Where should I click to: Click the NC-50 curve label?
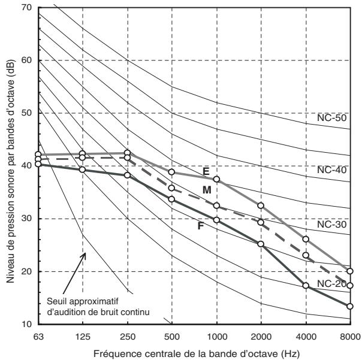click(332, 118)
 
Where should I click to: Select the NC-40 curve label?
click(332, 170)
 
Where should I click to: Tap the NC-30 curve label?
click(332, 224)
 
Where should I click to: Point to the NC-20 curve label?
click(332, 284)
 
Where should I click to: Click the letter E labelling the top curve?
click(206, 171)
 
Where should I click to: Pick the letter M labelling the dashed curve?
click(207, 190)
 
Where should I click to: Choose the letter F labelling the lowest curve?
click(201, 226)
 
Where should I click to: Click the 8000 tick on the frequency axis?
click(350, 337)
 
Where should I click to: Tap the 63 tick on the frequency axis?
click(38, 337)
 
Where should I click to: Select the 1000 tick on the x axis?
click(217, 337)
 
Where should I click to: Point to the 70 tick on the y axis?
click(26, 8)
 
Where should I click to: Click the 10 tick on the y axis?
click(26, 324)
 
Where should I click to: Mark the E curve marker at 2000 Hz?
click(261, 205)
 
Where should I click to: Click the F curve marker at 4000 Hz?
click(306, 286)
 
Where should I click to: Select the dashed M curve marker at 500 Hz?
click(171, 188)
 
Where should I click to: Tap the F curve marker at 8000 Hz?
click(350, 306)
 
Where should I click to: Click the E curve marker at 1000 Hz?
click(216, 179)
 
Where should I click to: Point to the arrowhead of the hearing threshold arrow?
click(85, 253)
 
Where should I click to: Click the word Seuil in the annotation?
click(56, 301)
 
